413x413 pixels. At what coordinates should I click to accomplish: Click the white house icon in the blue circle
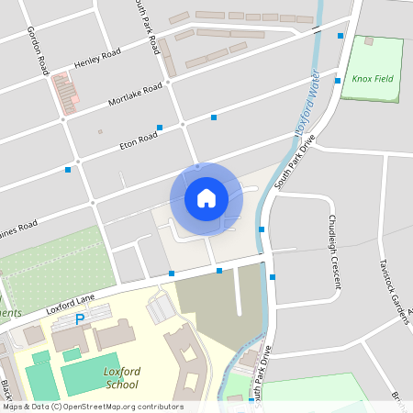tap(206, 197)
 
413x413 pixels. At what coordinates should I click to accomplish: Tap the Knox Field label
tap(372, 79)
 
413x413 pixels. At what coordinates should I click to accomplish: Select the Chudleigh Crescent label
tap(333, 251)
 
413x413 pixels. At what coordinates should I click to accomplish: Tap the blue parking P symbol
tap(80, 319)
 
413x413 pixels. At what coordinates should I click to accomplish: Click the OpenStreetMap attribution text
tap(92, 407)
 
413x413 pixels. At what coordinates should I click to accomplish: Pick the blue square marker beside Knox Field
tap(340, 36)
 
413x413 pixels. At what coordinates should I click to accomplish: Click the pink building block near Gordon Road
tap(65, 93)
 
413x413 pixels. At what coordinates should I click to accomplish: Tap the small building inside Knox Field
tap(369, 41)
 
